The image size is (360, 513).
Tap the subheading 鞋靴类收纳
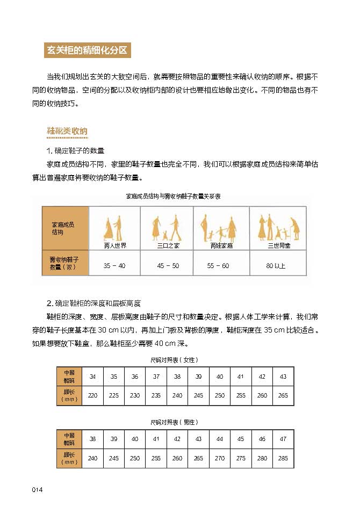pyautogui.click(x=67, y=131)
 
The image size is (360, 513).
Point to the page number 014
pyautogui.click(x=37, y=489)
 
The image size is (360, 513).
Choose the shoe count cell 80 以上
pyautogui.click(x=276, y=266)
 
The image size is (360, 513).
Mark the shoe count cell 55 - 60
pyautogui.click(x=218, y=266)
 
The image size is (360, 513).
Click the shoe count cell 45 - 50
pyautogui.click(x=168, y=266)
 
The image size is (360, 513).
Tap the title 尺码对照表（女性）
pyautogui.click(x=175, y=359)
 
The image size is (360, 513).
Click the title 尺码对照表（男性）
pyautogui.click(x=175, y=422)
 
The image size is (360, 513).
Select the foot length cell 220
pyautogui.click(x=92, y=395)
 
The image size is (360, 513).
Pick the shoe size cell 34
pyautogui.click(x=92, y=377)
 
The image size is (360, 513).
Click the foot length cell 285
pyautogui.click(x=283, y=458)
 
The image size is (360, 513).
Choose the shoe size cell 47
pyautogui.click(x=283, y=439)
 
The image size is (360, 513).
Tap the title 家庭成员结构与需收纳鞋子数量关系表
pyautogui.click(x=173, y=197)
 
